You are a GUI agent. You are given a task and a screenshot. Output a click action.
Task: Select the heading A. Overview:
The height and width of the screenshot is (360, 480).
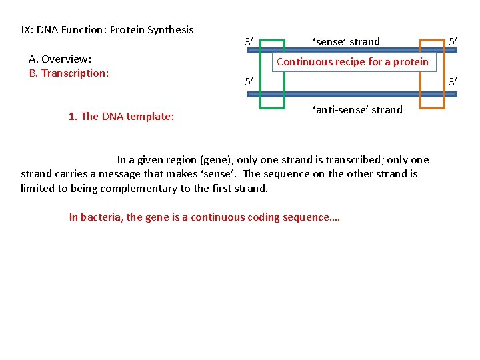pos(61,59)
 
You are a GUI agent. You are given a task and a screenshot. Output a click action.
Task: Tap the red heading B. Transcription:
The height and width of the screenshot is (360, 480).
pos(69,73)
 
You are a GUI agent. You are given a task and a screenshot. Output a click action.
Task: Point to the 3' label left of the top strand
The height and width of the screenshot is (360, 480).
pos(249,43)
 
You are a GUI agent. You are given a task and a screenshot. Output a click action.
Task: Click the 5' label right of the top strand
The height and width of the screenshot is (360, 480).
pos(453,42)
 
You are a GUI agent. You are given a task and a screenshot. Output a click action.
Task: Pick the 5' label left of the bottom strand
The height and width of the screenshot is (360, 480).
pos(249,83)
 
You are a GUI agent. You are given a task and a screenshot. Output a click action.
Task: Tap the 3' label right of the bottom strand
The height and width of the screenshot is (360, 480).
pos(453,82)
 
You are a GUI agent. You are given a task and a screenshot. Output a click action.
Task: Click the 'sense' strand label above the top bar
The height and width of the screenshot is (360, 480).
pos(346,42)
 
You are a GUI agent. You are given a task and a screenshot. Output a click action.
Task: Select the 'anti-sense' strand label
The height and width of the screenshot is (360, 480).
pos(357,109)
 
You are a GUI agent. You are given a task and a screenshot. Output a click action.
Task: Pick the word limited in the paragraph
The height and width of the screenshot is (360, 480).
pos(38,189)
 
